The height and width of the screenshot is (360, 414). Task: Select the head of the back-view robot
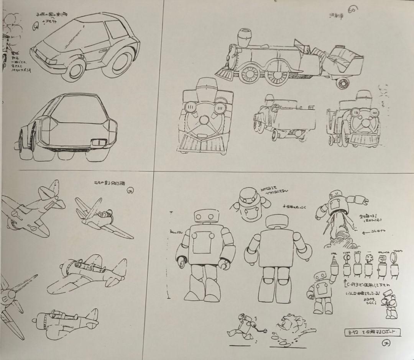278,224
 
